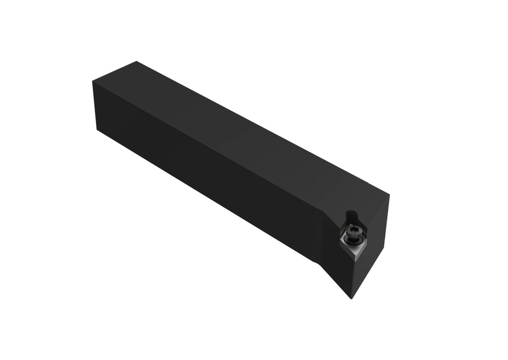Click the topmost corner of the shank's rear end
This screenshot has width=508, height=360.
tap(136, 61)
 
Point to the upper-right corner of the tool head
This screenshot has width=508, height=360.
tap(389, 195)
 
